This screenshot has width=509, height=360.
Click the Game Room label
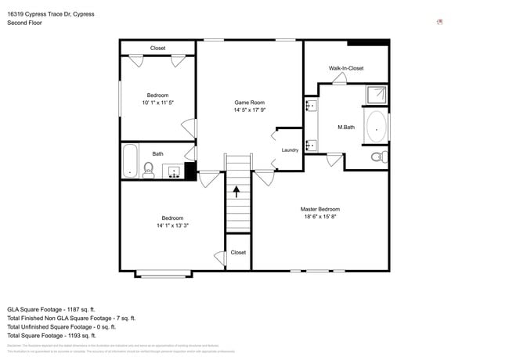[x=249, y=103]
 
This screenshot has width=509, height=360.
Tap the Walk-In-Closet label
[x=345, y=68]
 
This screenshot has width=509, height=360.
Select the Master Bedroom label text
[x=320, y=209]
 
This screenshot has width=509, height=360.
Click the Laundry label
[x=290, y=149]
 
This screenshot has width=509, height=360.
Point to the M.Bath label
[x=346, y=127]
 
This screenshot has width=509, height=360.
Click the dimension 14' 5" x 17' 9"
[x=249, y=110]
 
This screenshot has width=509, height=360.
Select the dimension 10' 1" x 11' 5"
[x=157, y=103]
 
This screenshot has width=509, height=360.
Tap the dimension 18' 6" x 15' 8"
[x=320, y=217]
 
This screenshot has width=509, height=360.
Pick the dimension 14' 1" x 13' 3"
[x=172, y=225]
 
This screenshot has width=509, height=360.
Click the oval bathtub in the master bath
[x=377, y=127]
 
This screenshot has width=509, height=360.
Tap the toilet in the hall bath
[x=148, y=168]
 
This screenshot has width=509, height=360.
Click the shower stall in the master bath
[x=376, y=95]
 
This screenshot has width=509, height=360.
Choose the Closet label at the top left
[x=157, y=49]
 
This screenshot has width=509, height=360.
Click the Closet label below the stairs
[x=238, y=253]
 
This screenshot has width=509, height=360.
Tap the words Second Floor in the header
[x=24, y=23]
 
